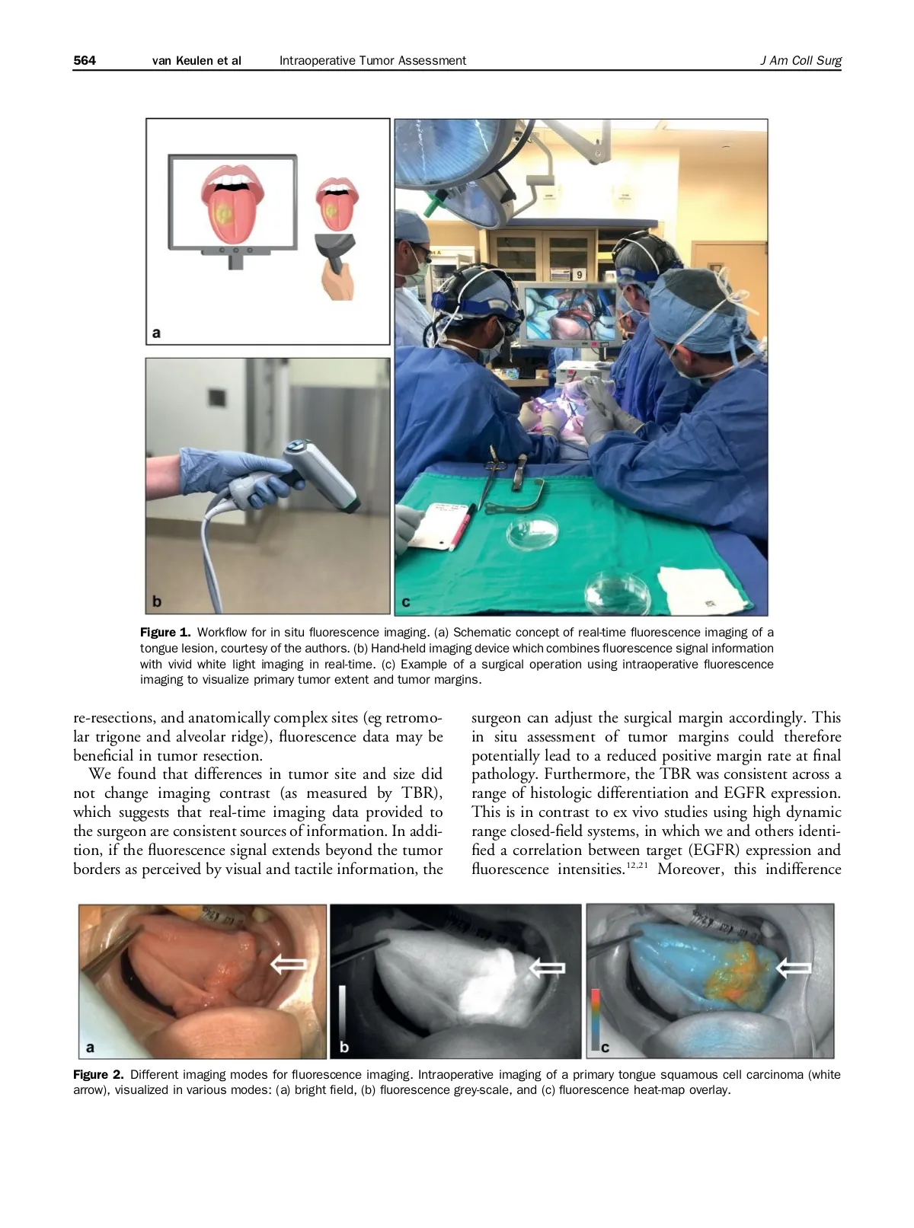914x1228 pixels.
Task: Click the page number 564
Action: (85, 60)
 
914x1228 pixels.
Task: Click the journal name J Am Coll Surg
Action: (801, 60)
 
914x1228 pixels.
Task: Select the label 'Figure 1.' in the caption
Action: (165, 632)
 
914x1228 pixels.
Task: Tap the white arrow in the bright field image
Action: (289, 965)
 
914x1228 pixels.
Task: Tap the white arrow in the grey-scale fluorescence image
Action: (547, 968)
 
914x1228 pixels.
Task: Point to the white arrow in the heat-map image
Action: (794, 968)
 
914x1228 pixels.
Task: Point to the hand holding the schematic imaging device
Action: (337, 282)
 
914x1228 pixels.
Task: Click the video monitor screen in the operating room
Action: (570, 313)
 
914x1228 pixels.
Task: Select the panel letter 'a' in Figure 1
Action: (157, 333)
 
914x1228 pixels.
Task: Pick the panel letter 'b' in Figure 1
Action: (157, 601)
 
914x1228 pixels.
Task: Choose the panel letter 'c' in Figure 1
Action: (406, 601)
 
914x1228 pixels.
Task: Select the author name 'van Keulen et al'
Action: (197, 60)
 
